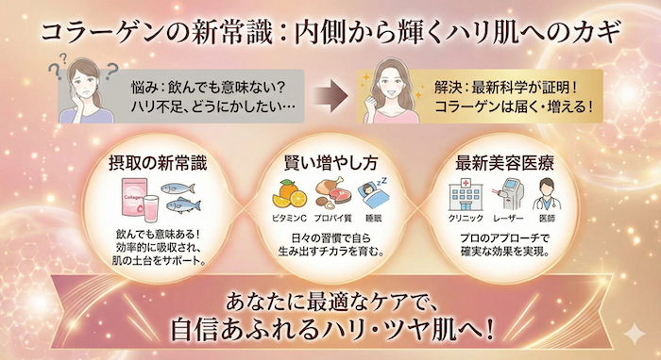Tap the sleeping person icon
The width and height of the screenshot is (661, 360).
pyautogui.click(x=374, y=197)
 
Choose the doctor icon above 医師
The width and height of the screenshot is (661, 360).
pyautogui.click(x=552, y=196)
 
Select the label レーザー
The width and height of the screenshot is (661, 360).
pyautogui.click(x=509, y=220)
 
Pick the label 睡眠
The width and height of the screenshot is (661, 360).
pyautogui.click(x=373, y=220)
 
